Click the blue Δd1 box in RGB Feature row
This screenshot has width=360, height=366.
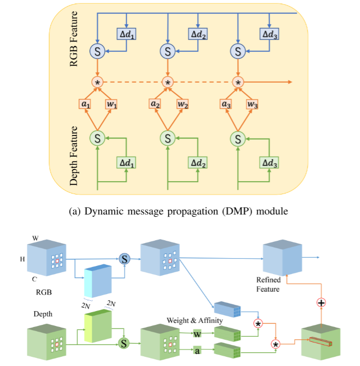tap(126, 34)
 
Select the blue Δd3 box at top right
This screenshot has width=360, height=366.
tap(269, 34)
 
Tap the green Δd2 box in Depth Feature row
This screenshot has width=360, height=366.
tap(198, 163)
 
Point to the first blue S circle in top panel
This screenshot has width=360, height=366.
tap(97, 51)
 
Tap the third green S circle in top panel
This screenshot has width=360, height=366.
tap(238, 138)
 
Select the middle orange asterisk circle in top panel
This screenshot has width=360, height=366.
tap(167, 82)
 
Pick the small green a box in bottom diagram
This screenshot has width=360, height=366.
tap(197, 351)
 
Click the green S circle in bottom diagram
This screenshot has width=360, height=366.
tap(123, 342)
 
